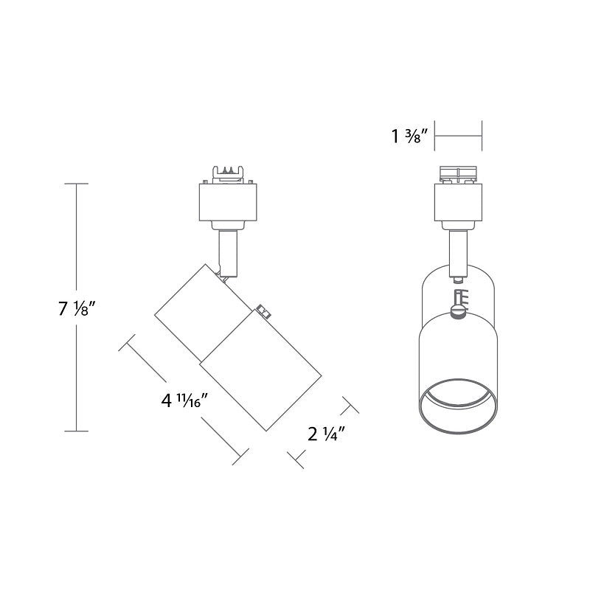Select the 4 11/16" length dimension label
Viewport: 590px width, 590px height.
pos(185,400)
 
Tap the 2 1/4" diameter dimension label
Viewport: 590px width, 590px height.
pos(326,434)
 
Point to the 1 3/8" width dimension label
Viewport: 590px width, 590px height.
pos(410,136)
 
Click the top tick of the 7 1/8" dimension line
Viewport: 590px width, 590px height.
pos(77,184)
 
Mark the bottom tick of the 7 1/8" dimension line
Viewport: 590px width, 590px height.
pos(77,431)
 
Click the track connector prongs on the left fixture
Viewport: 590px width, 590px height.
pos(228,174)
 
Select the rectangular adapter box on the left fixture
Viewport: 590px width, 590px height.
pos(228,202)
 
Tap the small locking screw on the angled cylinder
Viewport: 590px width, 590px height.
pos(265,313)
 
